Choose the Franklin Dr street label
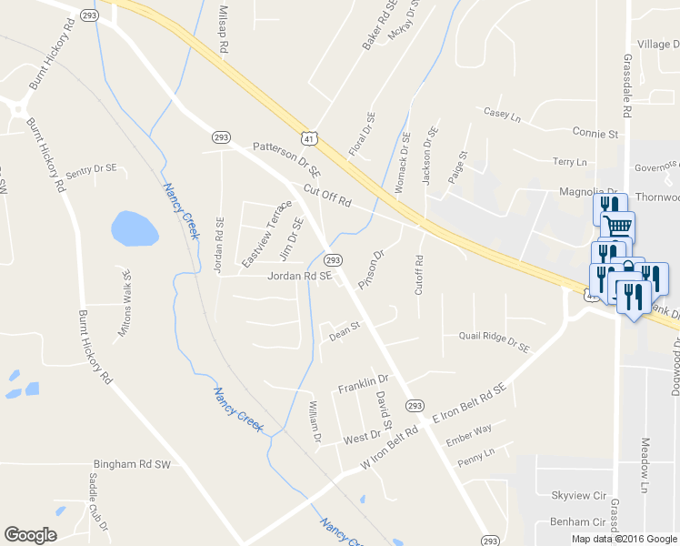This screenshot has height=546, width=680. (363, 383)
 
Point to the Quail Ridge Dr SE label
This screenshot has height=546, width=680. (493, 341)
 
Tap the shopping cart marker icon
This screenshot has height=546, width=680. (619, 226)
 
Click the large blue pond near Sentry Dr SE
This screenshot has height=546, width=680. (133, 228)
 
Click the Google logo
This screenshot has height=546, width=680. (30, 535)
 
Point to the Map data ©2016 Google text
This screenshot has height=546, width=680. (624, 539)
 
